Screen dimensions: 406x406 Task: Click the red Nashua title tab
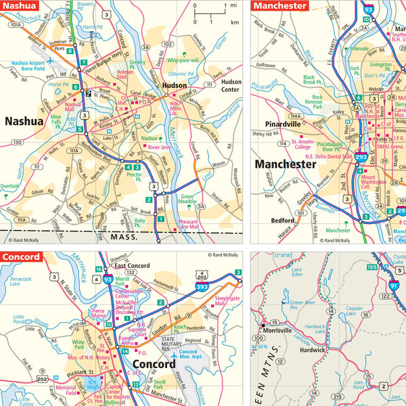[x=20, y=5]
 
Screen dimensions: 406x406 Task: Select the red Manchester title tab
[x=279, y=5]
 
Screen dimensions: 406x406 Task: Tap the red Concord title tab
[x=22, y=257]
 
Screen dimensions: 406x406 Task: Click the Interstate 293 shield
[x=361, y=158]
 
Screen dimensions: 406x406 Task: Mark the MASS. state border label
[x=122, y=238]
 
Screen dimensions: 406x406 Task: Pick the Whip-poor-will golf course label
[x=184, y=60]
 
